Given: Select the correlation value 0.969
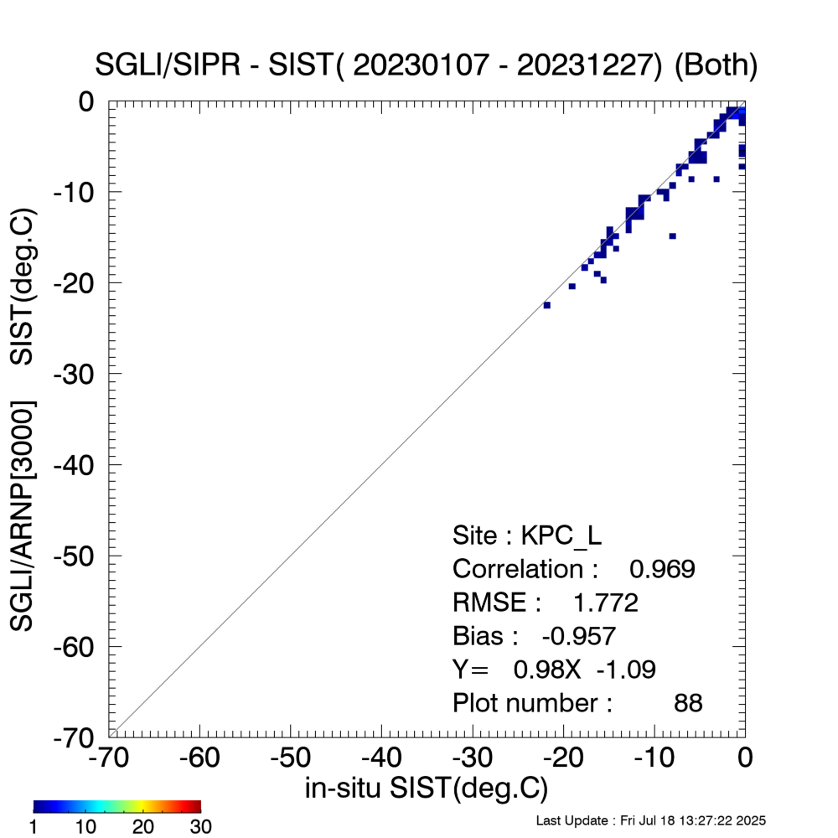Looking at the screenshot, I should click(662, 569).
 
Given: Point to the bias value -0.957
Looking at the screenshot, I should click(580, 636).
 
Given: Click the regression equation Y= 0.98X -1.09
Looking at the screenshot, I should click(554, 670).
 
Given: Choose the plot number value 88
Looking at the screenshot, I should click(688, 703).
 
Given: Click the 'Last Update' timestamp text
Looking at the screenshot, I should click(650, 820).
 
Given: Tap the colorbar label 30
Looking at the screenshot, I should click(199, 827).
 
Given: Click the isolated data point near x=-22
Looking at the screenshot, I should click(546, 305).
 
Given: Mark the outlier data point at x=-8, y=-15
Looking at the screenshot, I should click(672, 236).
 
